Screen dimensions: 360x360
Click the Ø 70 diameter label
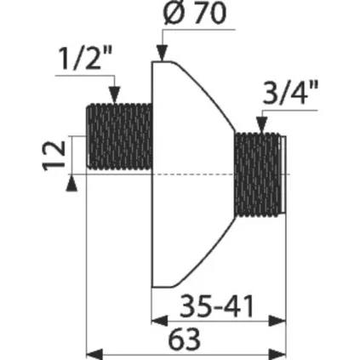point(195,13)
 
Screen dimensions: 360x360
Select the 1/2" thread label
point(86,58)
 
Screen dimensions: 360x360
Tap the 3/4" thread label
point(289,92)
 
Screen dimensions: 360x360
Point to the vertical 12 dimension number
point(54,156)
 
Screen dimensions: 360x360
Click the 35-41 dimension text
point(217,306)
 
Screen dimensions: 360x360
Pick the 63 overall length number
point(184,340)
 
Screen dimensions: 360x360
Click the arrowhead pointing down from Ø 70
point(162,53)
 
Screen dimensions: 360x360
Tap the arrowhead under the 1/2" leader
point(115,94)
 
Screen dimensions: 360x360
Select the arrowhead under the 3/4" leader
point(261,124)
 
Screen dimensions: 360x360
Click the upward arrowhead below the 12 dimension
point(71,183)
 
